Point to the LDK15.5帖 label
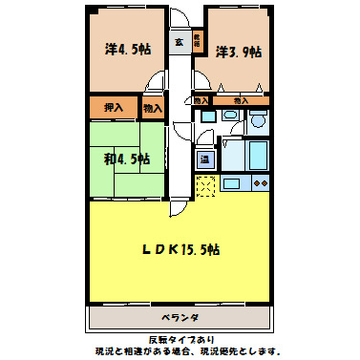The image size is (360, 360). pos(183,250)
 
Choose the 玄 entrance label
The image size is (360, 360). pos(179,42)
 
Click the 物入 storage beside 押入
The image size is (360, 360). pos(152,109)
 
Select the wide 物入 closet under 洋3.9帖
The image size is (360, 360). pos(241,100)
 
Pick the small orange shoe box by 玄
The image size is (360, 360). pos(197,41)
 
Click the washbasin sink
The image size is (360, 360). pos(230,116)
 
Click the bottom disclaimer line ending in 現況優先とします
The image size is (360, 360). pos(180,351)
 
